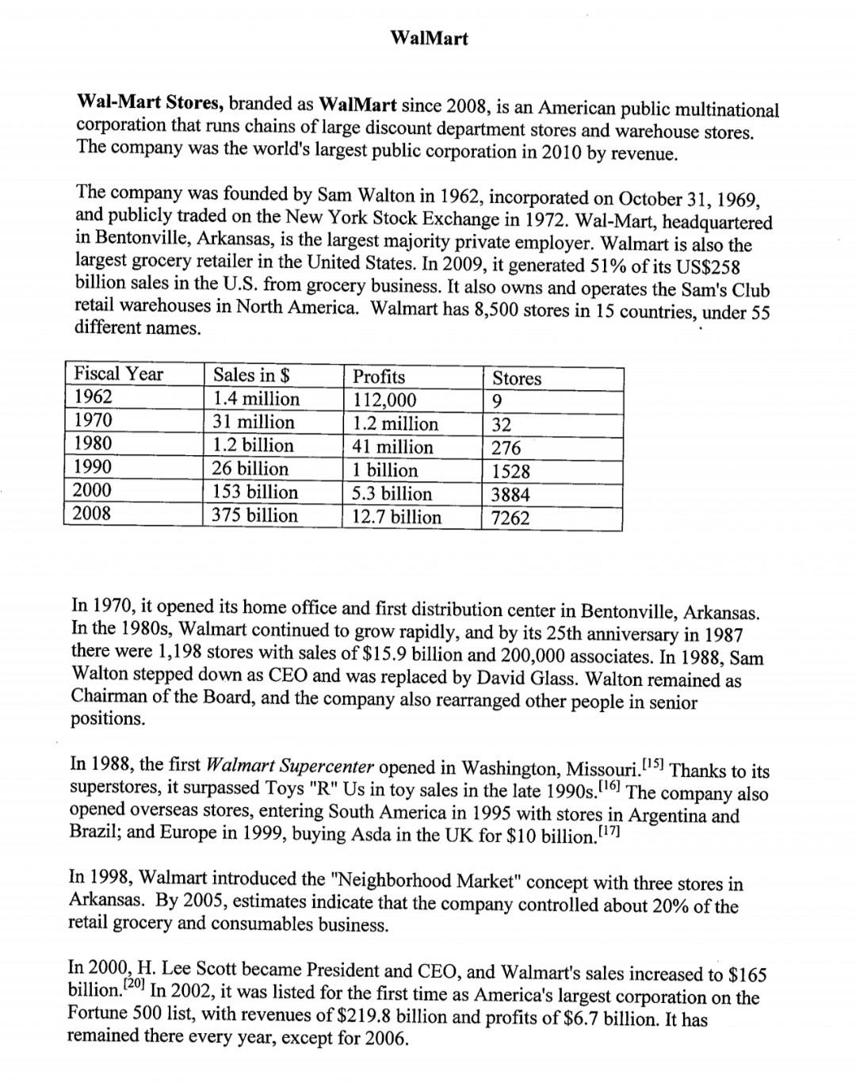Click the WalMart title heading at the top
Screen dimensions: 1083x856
(x=430, y=38)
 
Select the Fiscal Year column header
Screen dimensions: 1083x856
(x=118, y=374)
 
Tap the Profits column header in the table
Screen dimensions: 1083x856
(x=378, y=377)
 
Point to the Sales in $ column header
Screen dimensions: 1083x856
(x=251, y=375)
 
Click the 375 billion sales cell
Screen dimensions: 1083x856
(x=254, y=515)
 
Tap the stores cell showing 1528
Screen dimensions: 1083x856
(x=510, y=472)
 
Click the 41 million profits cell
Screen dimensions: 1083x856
(x=392, y=447)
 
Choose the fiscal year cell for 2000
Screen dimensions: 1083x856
(x=92, y=490)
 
